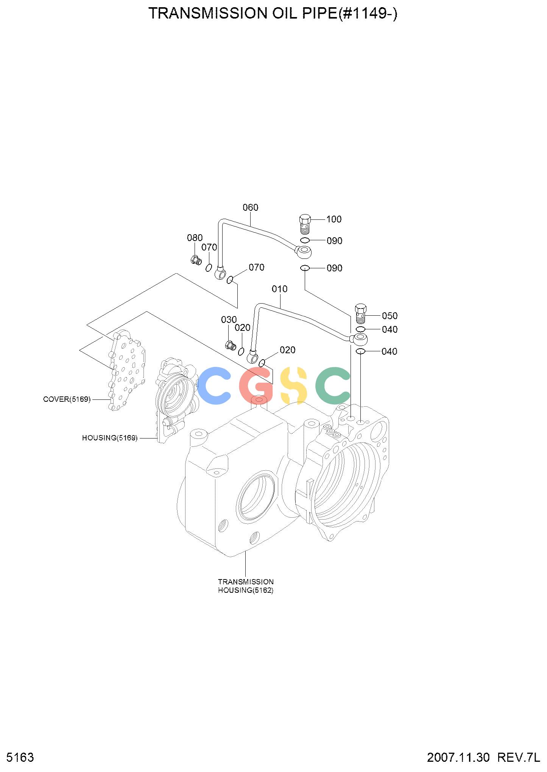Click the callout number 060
pyautogui.click(x=250, y=207)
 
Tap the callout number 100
pyautogui.click(x=334, y=219)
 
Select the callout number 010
pyautogui.click(x=279, y=289)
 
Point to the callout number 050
pyautogui.click(x=390, y=316)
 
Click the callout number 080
pyautogui.click(x=195, y=238)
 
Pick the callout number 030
pyautogui.click(x=229, y=319)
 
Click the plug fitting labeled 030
pyautogui.click(x=231, y=346)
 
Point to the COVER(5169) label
pyautogui.click(x=67, y=399)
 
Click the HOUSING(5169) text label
pyautogui.click(x=110, y=438)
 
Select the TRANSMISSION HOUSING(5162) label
pyautogui.click(x=246, y=586)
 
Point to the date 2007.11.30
pyautogui.click(x=458, y=758)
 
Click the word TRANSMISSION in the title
pyautogui.click(x=202, y=14)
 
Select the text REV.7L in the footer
pyautogui.click(x=518, y=758)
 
